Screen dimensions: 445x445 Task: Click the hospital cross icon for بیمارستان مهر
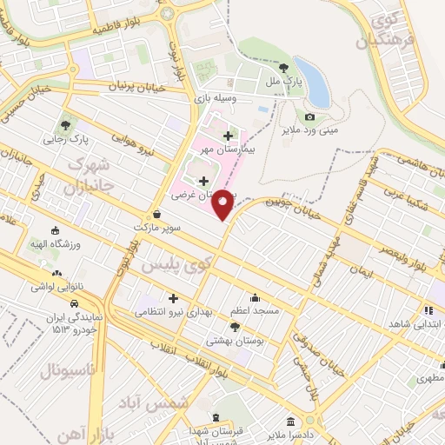coord(228,136)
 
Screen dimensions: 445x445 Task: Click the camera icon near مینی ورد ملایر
coord(309,116)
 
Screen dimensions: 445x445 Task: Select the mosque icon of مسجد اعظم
coord(254,296)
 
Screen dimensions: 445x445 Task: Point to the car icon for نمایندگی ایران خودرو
coord(76,303)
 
